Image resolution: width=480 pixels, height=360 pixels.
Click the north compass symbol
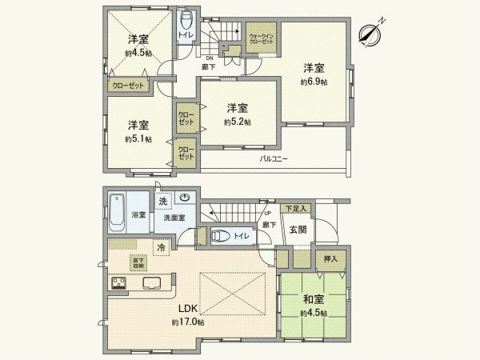point(369,32)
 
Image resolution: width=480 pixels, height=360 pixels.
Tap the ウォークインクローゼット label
point(262,39)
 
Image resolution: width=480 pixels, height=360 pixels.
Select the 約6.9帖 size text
point(313,82)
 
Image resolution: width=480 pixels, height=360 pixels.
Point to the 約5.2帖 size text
point(237,122)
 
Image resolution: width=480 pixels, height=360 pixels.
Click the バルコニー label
point(274,159)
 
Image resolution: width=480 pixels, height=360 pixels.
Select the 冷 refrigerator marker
point(162,248)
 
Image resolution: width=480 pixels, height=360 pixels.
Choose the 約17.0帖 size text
point(188,322)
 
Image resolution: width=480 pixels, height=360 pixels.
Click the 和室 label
point(313,300)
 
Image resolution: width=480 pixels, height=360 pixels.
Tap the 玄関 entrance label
point(298,230)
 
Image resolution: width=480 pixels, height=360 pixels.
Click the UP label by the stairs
point(267,214)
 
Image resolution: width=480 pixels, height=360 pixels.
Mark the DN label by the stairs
point(209,58)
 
